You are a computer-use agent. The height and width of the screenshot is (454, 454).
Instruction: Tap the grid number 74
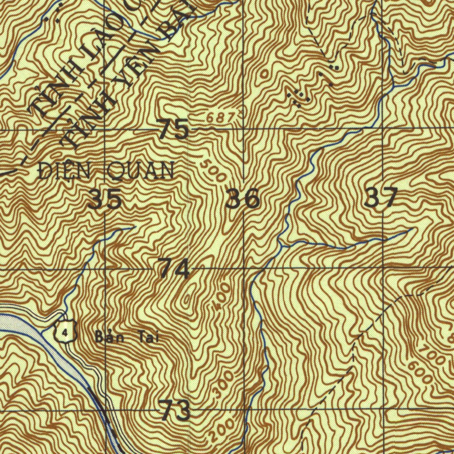(174, 269)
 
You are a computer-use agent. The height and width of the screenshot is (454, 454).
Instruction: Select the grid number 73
(175, 410)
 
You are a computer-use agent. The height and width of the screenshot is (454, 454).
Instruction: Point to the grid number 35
(105, 199)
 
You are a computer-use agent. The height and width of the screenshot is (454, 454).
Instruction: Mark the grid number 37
(380, 198)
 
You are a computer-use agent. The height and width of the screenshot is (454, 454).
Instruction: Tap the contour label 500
(213, 171)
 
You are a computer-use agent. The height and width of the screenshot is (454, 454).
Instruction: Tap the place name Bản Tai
(127, 338)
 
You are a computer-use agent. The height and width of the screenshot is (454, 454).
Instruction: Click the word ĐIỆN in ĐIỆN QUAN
(59, 171)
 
